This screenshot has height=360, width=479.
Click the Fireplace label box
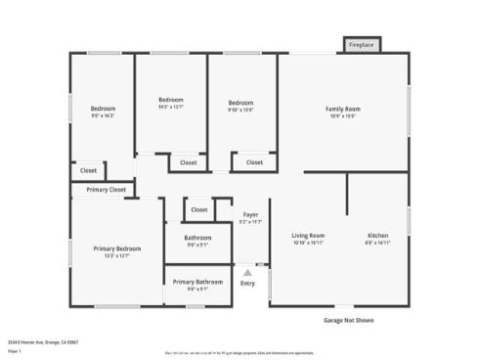362,45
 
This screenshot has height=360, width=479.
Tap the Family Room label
343,109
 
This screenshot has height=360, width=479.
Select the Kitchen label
377,236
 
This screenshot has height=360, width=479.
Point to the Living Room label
309,236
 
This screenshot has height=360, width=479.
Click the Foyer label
251,214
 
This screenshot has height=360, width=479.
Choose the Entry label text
247,284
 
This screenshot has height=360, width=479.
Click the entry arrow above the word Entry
247,273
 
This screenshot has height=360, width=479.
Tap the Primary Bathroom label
197,282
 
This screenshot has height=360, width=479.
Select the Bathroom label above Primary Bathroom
197,238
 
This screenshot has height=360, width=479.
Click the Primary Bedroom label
117,249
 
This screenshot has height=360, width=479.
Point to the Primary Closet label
106,190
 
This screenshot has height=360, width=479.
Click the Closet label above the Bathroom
199,209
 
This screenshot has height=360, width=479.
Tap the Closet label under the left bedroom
88,170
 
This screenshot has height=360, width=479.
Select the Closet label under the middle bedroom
189,162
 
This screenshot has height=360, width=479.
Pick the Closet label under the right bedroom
254,162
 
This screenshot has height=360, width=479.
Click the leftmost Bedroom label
103,108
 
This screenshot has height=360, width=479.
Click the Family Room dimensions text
343,116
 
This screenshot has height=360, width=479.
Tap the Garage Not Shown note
348,320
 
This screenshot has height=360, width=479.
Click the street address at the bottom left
43,342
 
